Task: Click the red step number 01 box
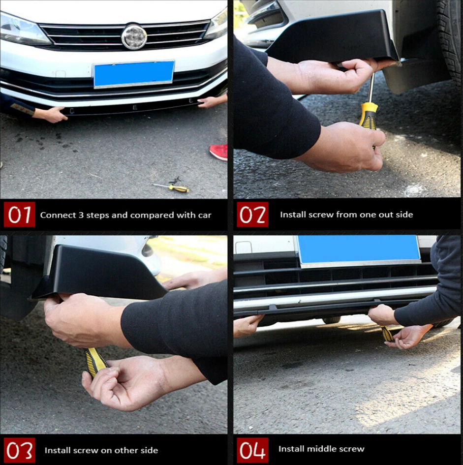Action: tap(20, 215)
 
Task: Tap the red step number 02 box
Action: tap(252, 215)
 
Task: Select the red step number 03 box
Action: tap(20, 450)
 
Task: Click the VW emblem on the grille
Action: tap(134, 37)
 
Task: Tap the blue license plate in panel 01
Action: tap(134, 74)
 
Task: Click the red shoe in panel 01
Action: tap(219, 152)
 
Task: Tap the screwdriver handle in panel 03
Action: tap(95, 361)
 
